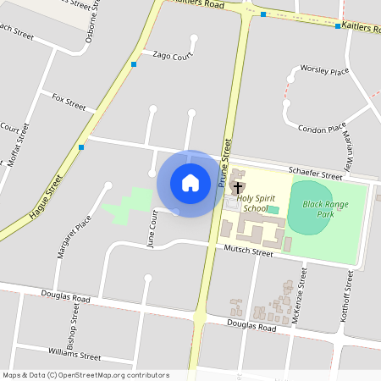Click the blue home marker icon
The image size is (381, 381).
[190, 183]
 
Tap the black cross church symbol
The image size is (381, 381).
[238, 187]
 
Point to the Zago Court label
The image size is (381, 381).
[173, 55]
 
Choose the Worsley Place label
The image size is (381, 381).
[324, 71]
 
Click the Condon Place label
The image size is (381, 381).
[323, 128]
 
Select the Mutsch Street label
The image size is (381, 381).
[248, 251]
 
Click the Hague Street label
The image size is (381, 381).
[47, 198]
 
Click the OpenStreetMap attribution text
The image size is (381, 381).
[85, 375]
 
